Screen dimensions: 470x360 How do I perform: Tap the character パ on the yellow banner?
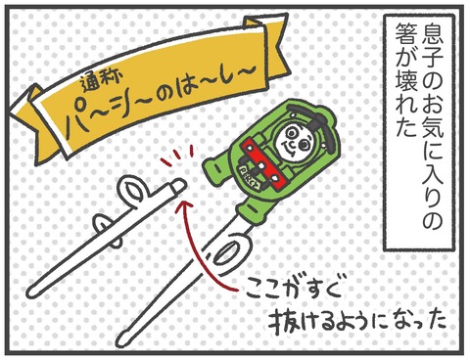(81, 121)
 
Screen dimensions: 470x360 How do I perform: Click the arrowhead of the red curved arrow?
(185, 205)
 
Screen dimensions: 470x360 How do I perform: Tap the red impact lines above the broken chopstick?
(177, 157)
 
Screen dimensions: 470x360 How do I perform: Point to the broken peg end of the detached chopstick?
(178, 187)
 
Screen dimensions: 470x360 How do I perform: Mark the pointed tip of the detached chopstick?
(31, 292)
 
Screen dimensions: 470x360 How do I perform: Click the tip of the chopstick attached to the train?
(124, 338)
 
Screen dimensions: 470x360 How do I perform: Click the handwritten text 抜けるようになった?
(356, 322)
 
